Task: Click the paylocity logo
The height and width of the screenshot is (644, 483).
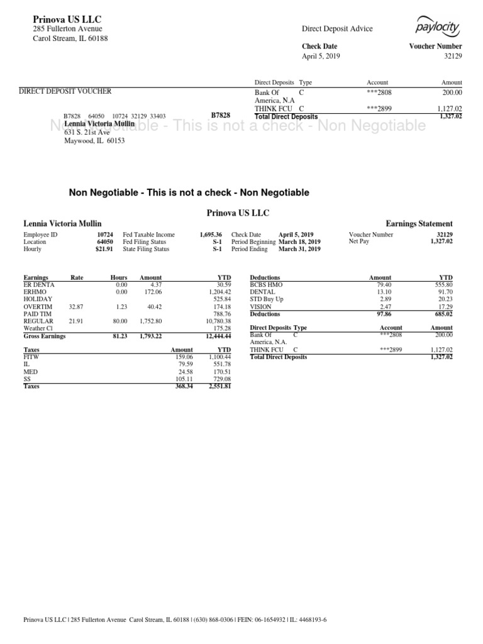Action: pyautogui.click(x=438, y=27)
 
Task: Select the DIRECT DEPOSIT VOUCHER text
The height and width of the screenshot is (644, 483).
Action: pyautogui.click(x=65, y=92)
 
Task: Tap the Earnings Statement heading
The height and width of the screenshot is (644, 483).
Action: pyautogui.click(x=419, y=224)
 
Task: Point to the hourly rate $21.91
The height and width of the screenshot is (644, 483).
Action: pyautogui.click(x=104, y=249)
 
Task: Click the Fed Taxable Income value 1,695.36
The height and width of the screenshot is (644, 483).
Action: pyautogui.click(x=211, y=235)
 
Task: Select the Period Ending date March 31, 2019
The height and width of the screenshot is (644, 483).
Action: pyautogui.click(x=299, y=249)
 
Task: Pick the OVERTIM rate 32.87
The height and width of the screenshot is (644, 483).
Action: pyautogui.click(x=76, y=307)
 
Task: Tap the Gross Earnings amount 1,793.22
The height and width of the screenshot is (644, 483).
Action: pyautogui.click(x=150, y=336)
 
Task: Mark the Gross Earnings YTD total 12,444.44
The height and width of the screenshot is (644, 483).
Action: pyautogui.click(x=217, y=336)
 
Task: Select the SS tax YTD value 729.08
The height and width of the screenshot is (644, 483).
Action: pyautogui.click(x=219, y=379)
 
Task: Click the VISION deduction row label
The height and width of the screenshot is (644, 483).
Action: pyautogui.click(x=261, y=307)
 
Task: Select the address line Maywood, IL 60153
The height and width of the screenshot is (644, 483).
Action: pyautogui.click(x=95, y=141)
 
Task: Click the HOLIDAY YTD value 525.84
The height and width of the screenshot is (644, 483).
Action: pyautogui.click(x=219, y=299)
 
